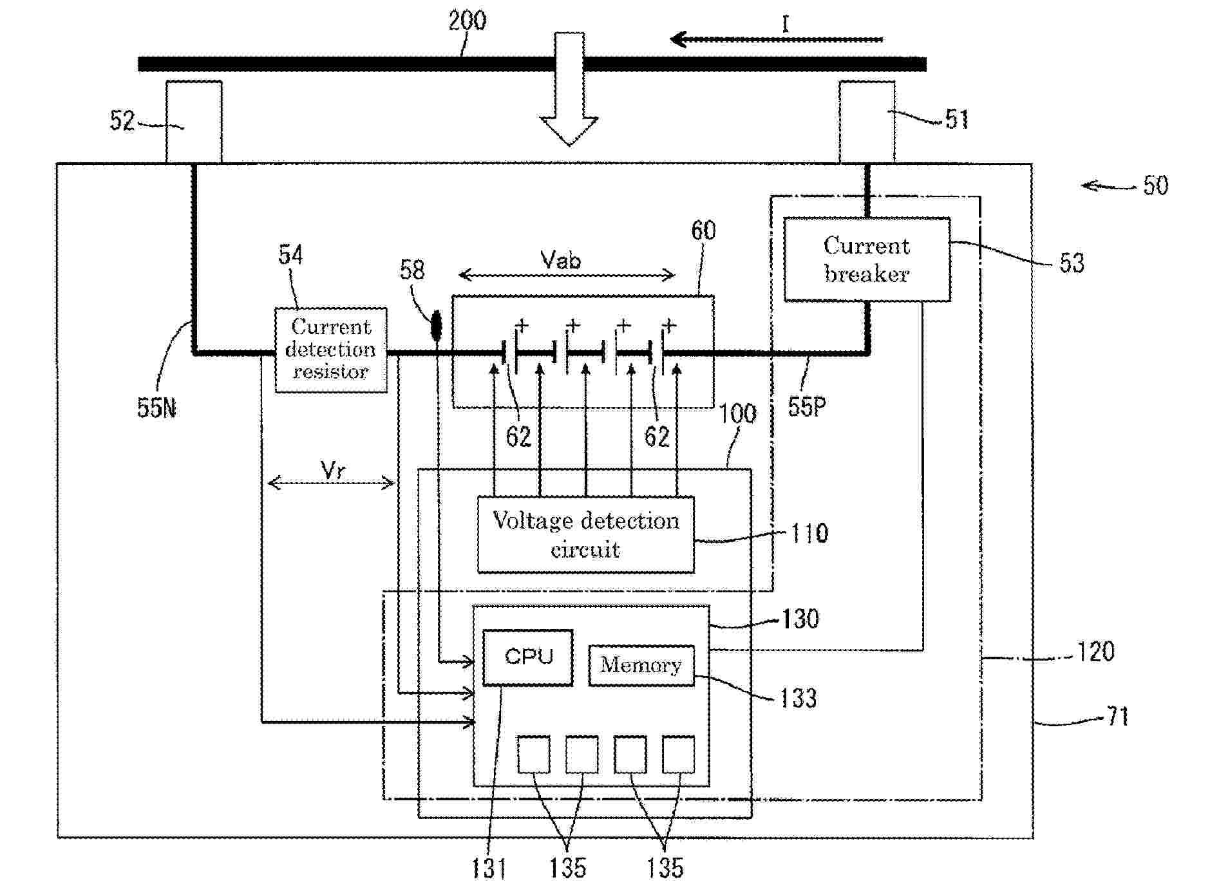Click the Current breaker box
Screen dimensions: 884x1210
tap(866, 259)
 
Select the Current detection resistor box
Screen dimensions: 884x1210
tap(330, 350)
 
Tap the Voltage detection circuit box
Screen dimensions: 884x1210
tap(585, 534)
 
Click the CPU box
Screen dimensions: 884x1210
tap(527, 657)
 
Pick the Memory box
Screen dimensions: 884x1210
tap(641, 665)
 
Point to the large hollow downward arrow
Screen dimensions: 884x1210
tap(569, 90)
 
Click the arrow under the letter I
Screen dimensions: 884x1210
tap(776, 40)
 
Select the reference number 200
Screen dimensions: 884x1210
tap(467, 21)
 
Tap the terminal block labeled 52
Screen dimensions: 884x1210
tap(194, 121)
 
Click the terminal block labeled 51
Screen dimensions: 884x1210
tap(867, 121)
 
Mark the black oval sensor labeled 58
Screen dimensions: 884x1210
tap(437, 325)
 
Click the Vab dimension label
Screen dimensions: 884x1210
tap(560, 260)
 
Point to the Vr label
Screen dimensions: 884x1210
tap(332, 470)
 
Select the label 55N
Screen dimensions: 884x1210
tap(156, 408)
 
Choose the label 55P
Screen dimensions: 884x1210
tap(807, 406)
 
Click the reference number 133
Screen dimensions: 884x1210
tap(798, 698)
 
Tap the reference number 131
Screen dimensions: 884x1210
tap(488, 868)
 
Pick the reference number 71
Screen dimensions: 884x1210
tap(1117, 716)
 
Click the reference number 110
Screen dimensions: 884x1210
tap(809, 533)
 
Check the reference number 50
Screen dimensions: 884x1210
tap(1155, 185)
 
